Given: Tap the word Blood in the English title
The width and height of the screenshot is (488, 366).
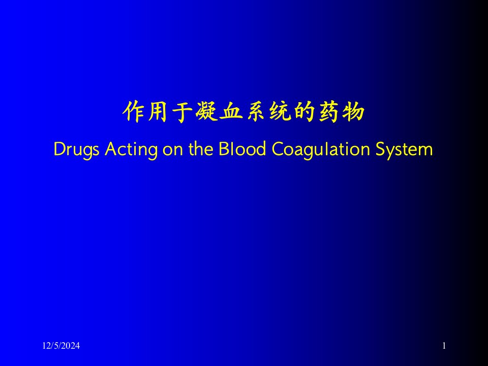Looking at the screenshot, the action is (242, 149).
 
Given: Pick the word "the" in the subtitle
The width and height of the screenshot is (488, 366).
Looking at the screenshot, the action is (201, 149).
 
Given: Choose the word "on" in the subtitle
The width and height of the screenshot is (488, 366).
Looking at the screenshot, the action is (172, 151).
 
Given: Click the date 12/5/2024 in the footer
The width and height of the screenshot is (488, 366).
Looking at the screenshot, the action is (61, 346).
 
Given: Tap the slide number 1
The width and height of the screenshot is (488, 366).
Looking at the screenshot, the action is (444, 346).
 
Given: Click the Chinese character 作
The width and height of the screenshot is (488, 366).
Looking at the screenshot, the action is (134, 111).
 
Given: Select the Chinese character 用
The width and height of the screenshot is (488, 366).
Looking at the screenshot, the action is (157, 111).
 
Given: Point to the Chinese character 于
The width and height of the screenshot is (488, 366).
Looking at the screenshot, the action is (181, 111).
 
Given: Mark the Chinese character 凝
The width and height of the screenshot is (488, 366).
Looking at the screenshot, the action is (206, 111).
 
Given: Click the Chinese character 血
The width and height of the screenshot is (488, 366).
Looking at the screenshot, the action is (231, 111).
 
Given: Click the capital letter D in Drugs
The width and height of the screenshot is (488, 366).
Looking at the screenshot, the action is (59, 149).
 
